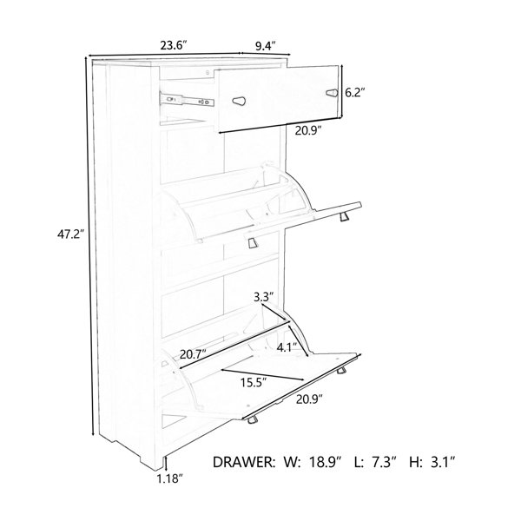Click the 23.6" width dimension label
click(174, 45)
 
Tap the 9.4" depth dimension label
click(266, 45)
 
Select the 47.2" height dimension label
click(69, 234)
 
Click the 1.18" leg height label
click(170, 478)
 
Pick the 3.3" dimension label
click(264, 296)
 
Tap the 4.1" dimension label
click(287, 347)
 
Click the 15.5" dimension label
click(254, 383)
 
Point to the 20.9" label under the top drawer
click(308, 131)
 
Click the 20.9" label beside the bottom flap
click(309, 399)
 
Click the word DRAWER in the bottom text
click(244, 462)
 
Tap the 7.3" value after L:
click(385, 462)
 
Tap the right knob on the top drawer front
click(333, 93)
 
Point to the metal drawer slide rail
click(187, 99)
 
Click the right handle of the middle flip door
click(345, 217)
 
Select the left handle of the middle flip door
click(254, 242)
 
